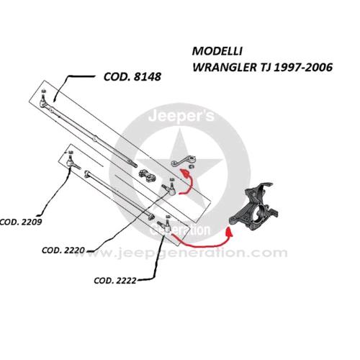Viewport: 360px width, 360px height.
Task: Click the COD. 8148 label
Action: (x=132, y=77)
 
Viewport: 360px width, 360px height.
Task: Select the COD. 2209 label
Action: (x=21, y=222)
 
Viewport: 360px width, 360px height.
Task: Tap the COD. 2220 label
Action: (x=63, y=251)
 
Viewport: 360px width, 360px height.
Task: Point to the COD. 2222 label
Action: (x=115, y=281)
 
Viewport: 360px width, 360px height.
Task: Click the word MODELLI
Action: (x=217, y=51)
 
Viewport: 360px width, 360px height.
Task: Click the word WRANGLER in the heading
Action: (x=224, y=68)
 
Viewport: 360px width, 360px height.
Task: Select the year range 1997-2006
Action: (x=303, y=68)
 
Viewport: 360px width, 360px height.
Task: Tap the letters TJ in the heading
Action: (x=265, y=68)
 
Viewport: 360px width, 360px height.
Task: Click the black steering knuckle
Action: (x=253, y=207)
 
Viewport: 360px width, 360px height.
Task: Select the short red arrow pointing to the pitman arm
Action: (x=186, y=183)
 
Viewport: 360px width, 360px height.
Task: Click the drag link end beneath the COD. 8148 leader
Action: (x=43, y=100)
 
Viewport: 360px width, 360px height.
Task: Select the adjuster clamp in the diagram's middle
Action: (x=147, y=174)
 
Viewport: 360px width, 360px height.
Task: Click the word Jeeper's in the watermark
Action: (x=181, y=117)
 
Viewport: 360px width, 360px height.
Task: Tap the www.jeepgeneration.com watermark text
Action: (x=182, y=253)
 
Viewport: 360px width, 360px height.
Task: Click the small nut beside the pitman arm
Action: (x=192, y=166)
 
